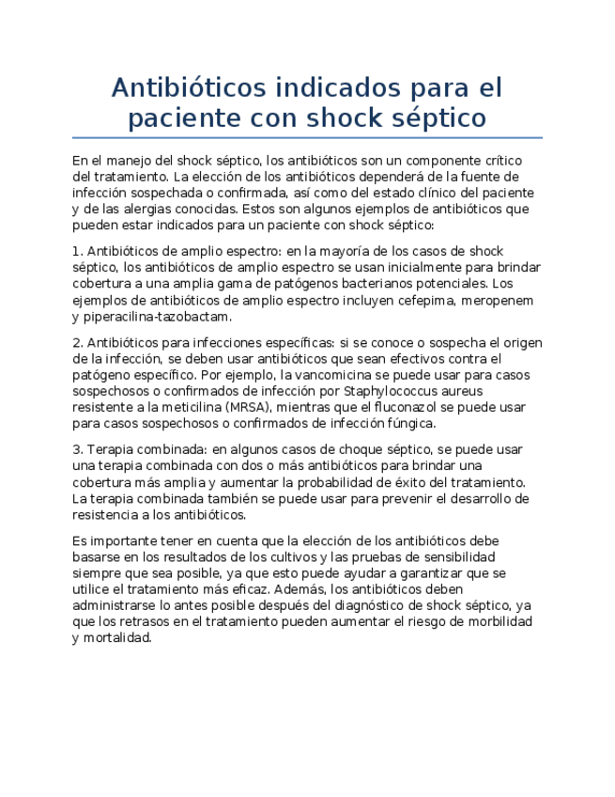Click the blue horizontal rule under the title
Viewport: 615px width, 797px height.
tap(307, 138)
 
